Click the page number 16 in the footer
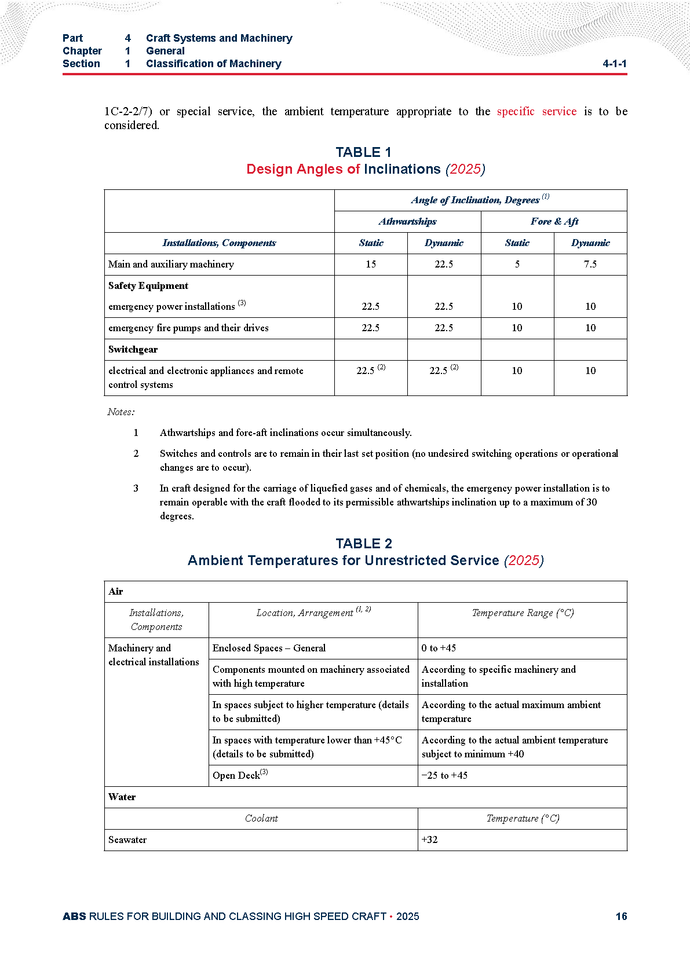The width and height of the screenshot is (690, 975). click(621, 916)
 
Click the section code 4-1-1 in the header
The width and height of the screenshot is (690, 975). click(614, 64)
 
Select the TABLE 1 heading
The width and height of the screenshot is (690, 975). click(363, 152)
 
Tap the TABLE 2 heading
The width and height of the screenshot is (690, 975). click(363, 544)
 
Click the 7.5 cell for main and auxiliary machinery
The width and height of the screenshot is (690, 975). click(590, 264)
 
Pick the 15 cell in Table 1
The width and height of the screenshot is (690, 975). click(371, 264)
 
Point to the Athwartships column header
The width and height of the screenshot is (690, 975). click(407, 221)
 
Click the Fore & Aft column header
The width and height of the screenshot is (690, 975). click(554, 221)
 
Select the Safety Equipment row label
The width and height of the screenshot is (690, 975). click(148, 285)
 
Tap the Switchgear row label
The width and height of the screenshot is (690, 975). click(133, 349)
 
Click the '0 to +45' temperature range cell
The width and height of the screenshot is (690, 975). click(439, 648)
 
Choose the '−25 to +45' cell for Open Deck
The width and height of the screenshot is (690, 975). click(444, 775)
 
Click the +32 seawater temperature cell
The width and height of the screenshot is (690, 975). click(429, 840)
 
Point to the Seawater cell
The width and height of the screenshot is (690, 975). click(127, 840)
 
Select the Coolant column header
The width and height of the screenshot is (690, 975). click(261, 818)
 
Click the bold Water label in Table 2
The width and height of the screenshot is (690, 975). click(122, 797)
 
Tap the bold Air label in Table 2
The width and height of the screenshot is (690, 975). click(115, 591)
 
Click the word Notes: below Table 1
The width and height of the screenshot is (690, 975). click(121, 412)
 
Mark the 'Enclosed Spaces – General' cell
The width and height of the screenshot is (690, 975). click(269, 648)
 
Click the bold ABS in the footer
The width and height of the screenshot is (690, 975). click(74, 916)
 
